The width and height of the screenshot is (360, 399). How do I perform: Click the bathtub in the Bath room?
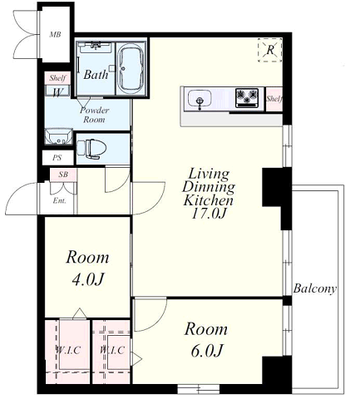[x=131, y=69]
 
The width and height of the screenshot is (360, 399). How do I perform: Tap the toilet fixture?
[x=91, y=149]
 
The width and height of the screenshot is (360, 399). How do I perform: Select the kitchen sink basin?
[x=200, y=99]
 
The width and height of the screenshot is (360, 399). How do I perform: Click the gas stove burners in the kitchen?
[x=247, y=98]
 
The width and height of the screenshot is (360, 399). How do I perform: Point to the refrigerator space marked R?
[x=270, y=50]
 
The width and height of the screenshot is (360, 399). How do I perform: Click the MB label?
[x=55, y=35]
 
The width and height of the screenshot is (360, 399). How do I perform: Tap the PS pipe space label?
[x=57, y=158]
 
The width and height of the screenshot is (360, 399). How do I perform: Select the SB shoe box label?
[x=63, y=175]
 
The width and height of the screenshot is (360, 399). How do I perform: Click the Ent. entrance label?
[x=59, y=200]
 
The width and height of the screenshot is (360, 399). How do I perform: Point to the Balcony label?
[x=315, y=288]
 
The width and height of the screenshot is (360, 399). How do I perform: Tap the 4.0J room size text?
[x=87, y=279]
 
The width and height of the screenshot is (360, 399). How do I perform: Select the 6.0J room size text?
[x=207, y=351]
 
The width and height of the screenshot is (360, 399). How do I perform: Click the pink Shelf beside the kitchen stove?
[x=274, y=99]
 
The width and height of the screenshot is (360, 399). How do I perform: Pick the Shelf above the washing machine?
[x=57, y=78]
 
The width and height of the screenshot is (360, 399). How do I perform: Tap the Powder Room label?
[x=95, y=115]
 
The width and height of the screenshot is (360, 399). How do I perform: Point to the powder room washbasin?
[x=58, y=136]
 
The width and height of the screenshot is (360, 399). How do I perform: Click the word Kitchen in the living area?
[x=208, y=200]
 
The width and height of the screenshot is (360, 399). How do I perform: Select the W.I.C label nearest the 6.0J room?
[x=112, y=350]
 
